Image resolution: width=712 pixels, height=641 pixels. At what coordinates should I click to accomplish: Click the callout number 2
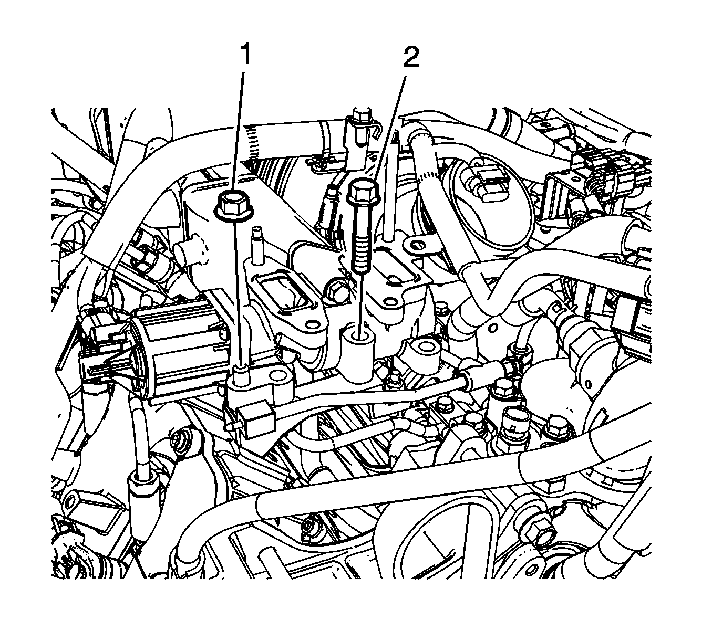coord(411,57)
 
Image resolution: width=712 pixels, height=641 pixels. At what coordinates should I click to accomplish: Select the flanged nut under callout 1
coord(232,205)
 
